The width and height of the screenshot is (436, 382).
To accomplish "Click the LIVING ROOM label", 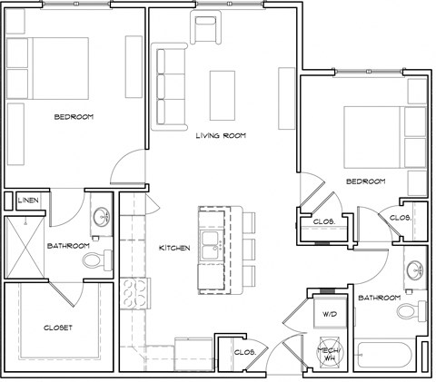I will [222, 136].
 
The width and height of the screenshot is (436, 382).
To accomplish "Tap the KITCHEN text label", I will [173, 248].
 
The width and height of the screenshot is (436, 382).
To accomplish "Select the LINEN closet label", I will [27, 199].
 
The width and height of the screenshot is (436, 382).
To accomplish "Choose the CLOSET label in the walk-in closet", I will [57, 327].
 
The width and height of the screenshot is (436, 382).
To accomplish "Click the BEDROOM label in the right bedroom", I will [364, 181].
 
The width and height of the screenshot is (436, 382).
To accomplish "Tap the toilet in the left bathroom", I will [93, 261].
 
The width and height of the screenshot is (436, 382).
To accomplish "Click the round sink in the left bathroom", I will [99, 219].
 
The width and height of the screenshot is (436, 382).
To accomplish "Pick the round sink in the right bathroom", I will [415, 270].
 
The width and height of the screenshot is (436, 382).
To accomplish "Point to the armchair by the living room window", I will [204, 30].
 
